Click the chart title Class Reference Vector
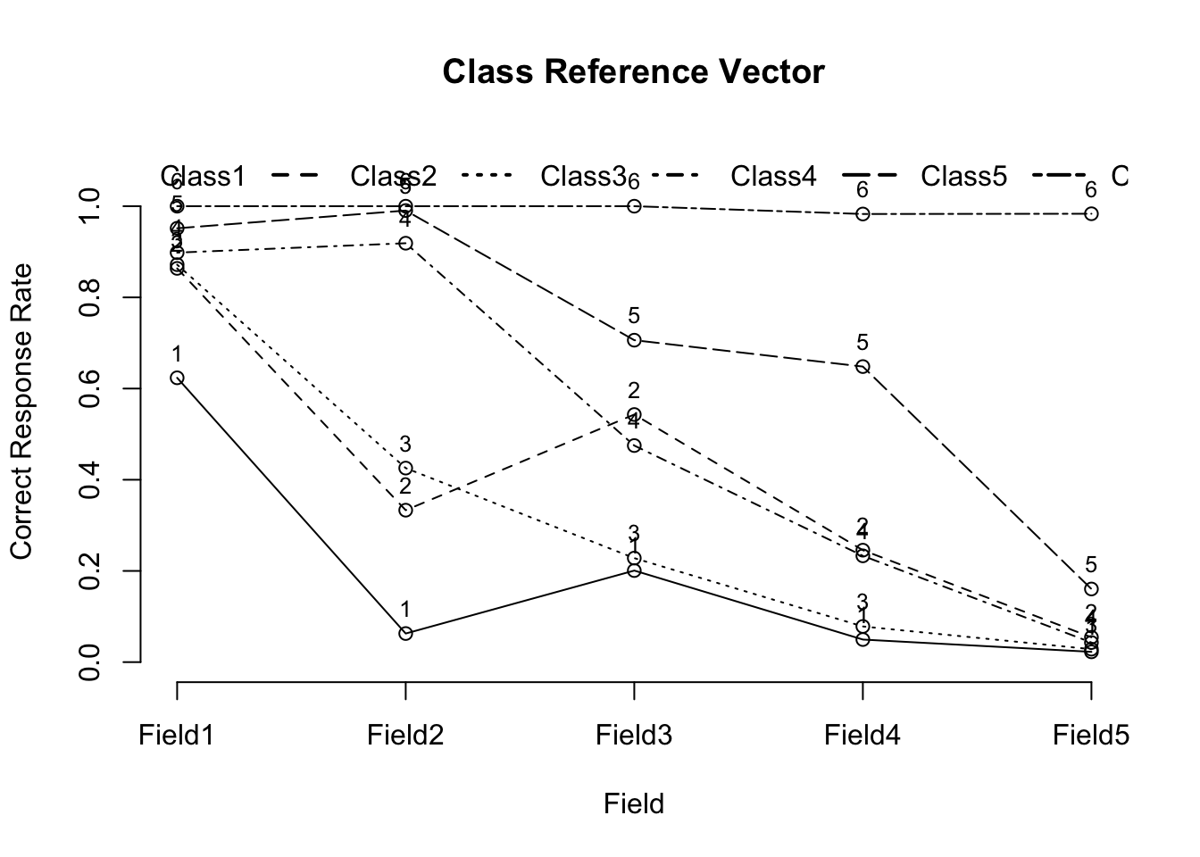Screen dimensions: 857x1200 pos(633,71)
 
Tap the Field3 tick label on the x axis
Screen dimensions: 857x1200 pos(634,735)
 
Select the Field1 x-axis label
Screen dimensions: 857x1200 pos(177,735)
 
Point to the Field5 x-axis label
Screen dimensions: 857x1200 pos(1091,735)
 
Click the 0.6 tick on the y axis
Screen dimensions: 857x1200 pos(89,388)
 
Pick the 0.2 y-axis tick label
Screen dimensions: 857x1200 pos(89,570)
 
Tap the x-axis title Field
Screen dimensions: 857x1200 pos(633,804)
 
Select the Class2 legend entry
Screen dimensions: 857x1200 pos(393,177)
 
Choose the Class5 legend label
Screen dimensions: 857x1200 pos(964,177)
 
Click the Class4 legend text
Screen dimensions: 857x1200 pos(773,177)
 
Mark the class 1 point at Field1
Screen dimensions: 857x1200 pos(177,378)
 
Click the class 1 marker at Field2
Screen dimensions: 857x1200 pos(405,633)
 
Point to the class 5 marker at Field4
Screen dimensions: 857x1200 pos(862,366)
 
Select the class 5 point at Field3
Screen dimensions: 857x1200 pos(634,340)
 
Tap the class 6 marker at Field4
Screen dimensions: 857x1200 pos(862,214)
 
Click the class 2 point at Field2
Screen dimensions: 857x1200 pos(405,510)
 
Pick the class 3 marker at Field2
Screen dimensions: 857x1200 pos(405,468)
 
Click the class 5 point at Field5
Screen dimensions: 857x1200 pos(1091,589)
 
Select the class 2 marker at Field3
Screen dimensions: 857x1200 pos(634,414)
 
